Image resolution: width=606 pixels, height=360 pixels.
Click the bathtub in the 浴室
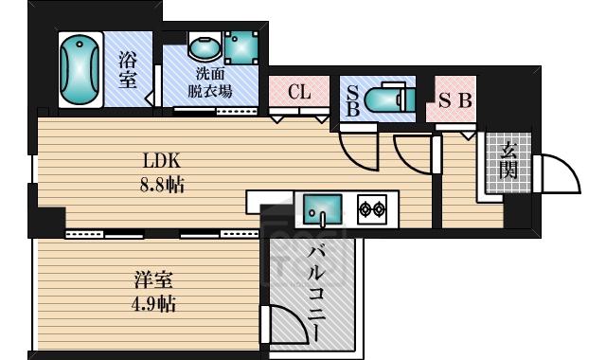(80, 69)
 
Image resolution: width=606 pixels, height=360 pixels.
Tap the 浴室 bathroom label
(128, 70)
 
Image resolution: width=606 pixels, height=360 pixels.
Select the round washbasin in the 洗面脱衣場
(205, 47)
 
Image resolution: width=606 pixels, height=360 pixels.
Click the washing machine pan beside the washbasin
(241, 48)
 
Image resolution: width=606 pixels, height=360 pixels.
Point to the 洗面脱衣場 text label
(210, 82)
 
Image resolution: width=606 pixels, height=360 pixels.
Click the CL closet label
(299, 93)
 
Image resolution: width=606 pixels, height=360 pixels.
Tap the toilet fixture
(389, 99)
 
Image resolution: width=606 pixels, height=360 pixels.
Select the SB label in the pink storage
(455, 100)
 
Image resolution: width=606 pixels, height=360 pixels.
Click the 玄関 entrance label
(508, 161)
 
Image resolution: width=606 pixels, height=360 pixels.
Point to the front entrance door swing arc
(569, 167)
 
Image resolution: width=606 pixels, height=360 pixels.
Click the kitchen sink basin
(322, 208)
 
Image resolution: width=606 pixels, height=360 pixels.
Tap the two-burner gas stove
(372, 209)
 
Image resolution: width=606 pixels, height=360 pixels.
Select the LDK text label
(162, 160)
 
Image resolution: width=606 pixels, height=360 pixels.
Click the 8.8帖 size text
(162, 186)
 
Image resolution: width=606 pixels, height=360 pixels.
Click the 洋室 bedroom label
(153, 280)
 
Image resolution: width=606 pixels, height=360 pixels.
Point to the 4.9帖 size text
(153, 304)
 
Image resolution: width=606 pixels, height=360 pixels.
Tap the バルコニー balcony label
(316, 294)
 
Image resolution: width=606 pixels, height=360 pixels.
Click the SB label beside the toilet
(352, 100)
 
